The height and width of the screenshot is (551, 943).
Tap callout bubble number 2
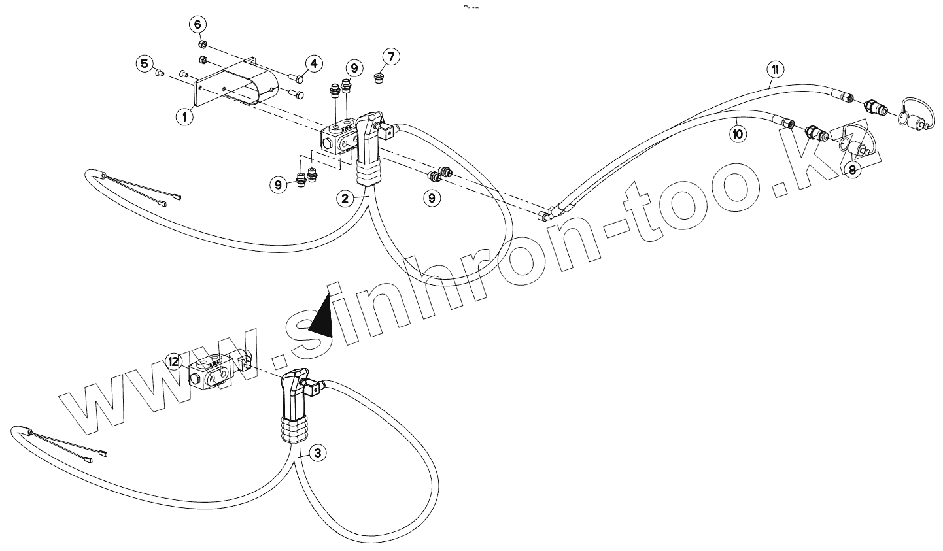[x=347, y=197]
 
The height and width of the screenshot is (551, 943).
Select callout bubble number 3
[x=316, y=452]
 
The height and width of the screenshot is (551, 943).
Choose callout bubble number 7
[x=390, y=57]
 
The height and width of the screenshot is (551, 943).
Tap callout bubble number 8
[x=852, y=170]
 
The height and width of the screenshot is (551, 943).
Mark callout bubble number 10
[x=738, y=135]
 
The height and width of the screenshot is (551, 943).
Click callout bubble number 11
[x=775, y=69]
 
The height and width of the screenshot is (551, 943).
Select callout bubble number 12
[x=173, y=361]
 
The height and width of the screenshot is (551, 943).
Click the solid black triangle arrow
[x=320, y=317]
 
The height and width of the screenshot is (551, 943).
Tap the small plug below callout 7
[x=378, y=78]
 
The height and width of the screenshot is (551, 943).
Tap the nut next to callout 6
[x=203, y=45]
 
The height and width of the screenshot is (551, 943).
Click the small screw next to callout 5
[x=158, y=73]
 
